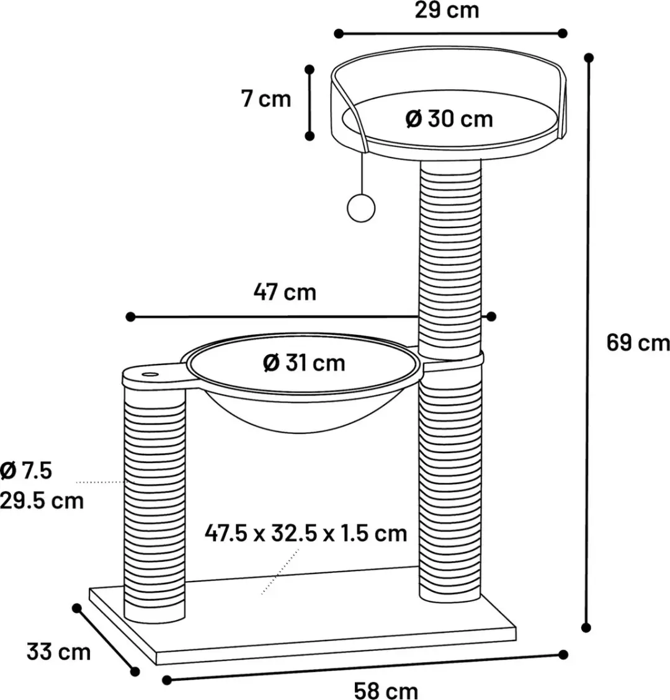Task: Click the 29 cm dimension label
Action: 447,11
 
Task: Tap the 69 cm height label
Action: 638,343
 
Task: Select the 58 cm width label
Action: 386,690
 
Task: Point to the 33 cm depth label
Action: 58,652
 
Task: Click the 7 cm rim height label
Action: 266,99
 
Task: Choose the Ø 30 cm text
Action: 449,119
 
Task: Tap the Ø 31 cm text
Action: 304,363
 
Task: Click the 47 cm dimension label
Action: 285,293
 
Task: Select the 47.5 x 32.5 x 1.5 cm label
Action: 306,533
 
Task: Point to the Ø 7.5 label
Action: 26,471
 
